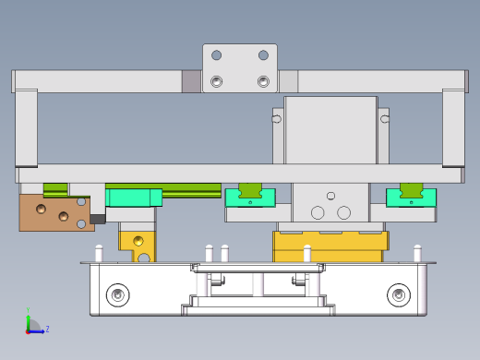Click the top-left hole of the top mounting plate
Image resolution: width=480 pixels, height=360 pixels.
coord(217,55)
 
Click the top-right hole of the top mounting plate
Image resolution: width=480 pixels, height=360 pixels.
coord(263,55)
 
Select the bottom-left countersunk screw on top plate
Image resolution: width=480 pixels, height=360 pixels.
coord(217,81)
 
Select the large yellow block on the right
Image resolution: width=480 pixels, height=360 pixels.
coord(329,246)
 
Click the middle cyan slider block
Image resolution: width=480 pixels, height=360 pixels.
coord(249,198)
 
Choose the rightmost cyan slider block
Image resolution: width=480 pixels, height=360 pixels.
coord(411,198)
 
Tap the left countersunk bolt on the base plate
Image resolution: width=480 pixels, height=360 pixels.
coord(117,295)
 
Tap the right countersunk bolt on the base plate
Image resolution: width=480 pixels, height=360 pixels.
coord(399,295)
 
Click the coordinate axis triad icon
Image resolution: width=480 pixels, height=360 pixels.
coord(31,325)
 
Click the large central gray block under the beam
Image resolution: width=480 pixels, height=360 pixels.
coord(330,129)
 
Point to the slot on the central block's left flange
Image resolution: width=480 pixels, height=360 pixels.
coord(276,119)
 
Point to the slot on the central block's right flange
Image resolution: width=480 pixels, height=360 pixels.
coord(385,119)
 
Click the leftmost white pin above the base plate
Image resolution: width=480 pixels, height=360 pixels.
coord(99,253)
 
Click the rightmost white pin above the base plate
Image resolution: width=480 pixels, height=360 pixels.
coord(417,253)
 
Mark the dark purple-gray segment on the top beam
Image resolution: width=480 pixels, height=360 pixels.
coord(192,81)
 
